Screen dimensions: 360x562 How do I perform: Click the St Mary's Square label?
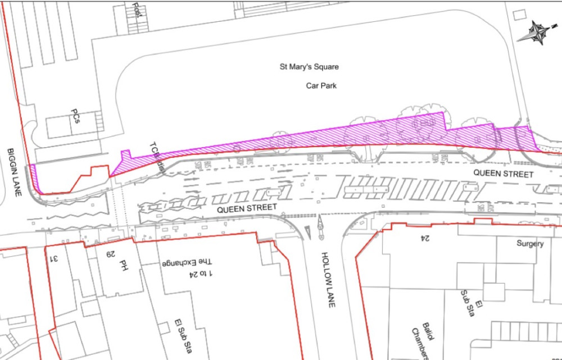[309, 67]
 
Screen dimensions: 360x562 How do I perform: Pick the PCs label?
[75, 117]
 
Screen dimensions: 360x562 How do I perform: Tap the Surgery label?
[531, 244]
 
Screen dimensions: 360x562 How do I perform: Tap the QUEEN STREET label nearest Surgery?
[503, 174]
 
